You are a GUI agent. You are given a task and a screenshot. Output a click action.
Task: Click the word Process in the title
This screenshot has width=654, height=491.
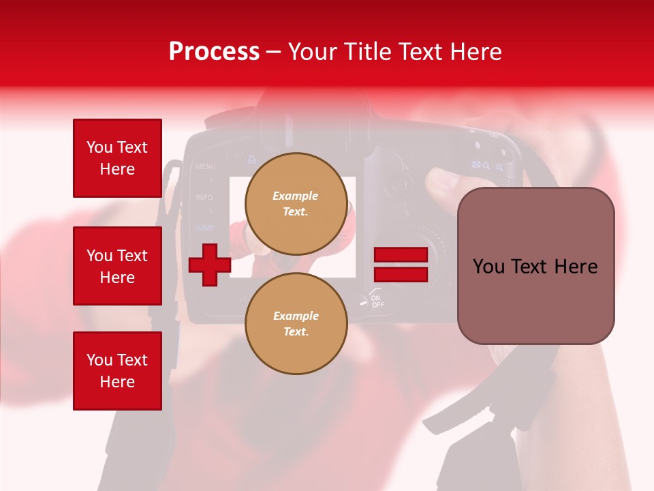(214, 51)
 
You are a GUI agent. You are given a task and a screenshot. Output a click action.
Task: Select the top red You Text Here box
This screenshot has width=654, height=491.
(117, 158)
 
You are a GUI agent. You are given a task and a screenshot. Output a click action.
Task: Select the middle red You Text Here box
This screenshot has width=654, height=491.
(117, 266)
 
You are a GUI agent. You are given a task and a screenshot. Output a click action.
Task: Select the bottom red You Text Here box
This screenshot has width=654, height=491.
(117, 370)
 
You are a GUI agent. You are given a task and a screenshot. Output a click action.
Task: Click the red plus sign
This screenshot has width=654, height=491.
(210, 265)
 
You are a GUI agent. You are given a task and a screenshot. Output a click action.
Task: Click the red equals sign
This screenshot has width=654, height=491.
(401, 265)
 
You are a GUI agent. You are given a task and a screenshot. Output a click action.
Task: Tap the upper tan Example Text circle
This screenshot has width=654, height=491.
(296, 203)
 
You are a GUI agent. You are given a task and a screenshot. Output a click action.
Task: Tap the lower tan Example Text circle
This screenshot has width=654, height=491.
(296, 323)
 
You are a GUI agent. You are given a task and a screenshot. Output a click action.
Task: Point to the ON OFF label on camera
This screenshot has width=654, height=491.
(377, 300)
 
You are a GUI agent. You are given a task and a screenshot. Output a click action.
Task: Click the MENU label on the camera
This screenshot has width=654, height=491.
(205, 166)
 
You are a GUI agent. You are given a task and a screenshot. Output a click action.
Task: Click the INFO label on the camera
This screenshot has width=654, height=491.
(204, 198)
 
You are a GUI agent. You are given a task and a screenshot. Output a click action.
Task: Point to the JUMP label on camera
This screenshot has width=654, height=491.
(204, 227)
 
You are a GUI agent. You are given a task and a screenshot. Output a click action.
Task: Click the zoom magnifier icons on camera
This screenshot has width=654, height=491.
(493, 166)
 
